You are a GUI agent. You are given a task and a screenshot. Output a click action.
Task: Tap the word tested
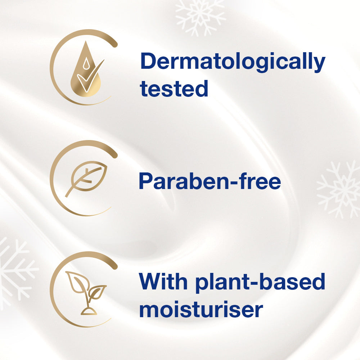click(x=174, y=89)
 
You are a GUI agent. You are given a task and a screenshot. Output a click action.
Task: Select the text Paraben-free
click(x=210, y=181)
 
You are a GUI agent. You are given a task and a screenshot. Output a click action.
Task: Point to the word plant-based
click(x=260, y=283)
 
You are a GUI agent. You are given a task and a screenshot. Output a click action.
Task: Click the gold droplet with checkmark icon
click(x=87, y=69)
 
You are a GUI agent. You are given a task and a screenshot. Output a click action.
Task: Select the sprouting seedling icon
click(x=86, y=293)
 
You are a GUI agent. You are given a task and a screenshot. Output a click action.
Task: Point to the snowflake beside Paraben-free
click(x=339, y=189)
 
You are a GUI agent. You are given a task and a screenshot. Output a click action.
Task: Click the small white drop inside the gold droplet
click(x=86, y=63)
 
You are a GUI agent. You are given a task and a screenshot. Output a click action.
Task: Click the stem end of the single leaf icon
click(x=66, y=196)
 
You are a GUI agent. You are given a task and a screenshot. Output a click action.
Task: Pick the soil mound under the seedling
click(x=89, y=311)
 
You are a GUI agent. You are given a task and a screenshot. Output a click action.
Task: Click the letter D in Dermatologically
click(x=148, y=60)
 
